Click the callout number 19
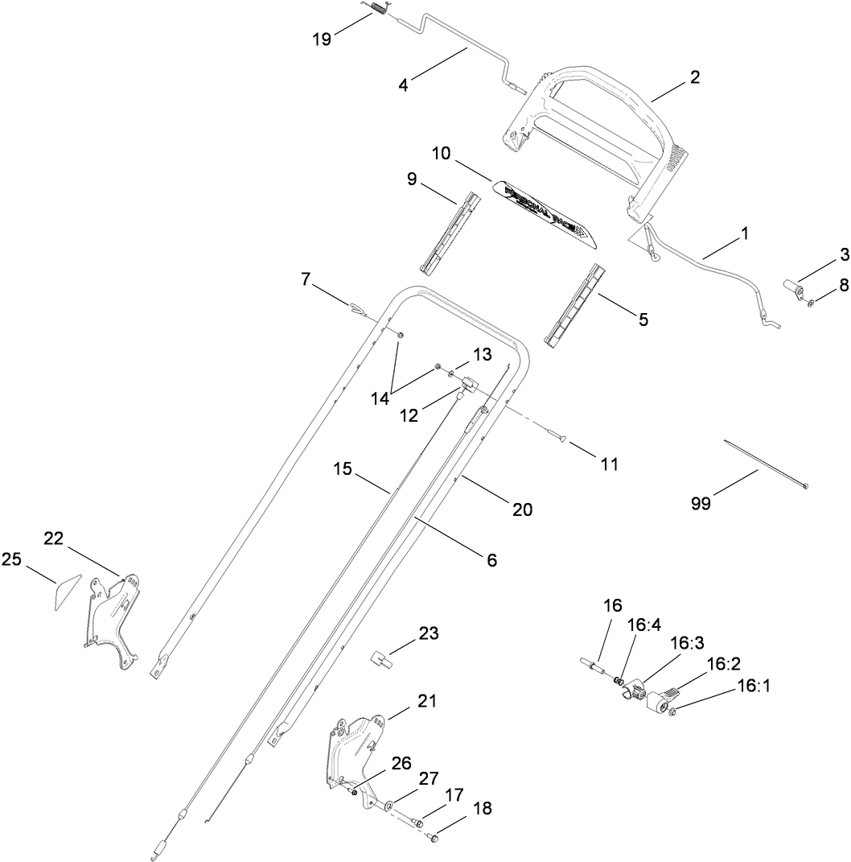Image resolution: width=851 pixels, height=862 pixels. point(321,39)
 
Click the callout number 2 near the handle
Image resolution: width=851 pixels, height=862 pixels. point(694,77)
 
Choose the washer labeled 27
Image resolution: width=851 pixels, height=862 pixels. point(388,803)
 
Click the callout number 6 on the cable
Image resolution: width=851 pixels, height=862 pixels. point(491,559)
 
